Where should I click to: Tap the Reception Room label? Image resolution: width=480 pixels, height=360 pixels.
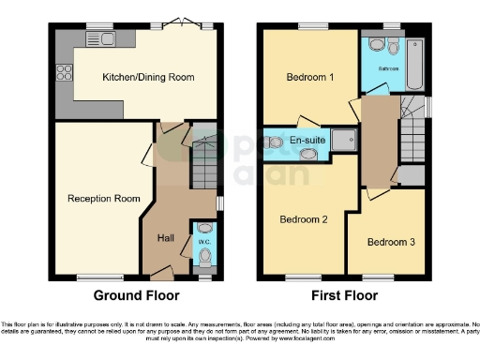coord(103,198)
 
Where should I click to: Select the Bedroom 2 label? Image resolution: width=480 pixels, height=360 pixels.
coord(304,219)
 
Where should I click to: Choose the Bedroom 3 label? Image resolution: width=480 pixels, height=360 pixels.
coord(389,242)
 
